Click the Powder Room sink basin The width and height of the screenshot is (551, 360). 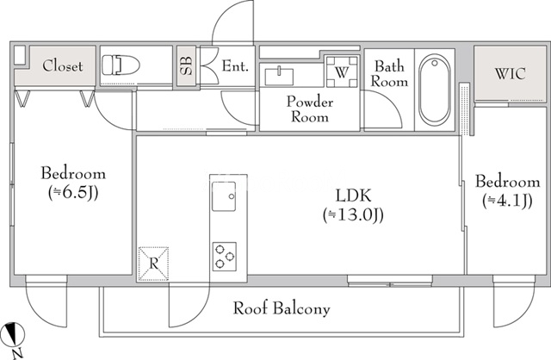pos(281,75)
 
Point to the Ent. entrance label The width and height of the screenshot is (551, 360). pos(234,65)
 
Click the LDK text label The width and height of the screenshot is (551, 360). pos(353,196)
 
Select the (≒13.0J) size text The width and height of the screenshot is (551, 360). pos(353,214)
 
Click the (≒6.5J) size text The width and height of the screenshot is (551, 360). pos(74,192)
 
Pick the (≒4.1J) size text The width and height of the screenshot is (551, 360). pos(508,201)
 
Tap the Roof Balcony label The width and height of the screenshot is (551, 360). pos(282,307)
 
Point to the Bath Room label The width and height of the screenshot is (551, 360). pos(389,73)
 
